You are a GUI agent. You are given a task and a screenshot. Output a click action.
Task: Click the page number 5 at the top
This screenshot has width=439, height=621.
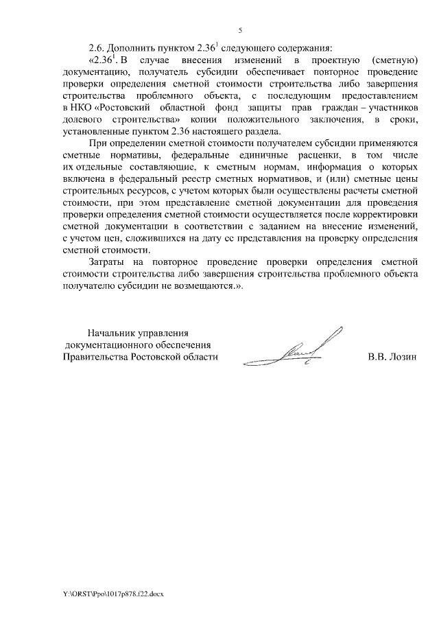241,30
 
